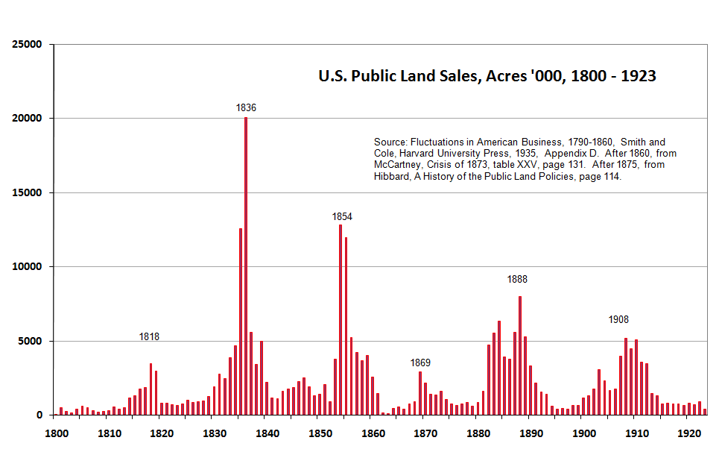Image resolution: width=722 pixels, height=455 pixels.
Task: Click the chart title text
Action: click(x=487, y=75)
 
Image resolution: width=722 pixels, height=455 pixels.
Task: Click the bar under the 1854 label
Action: click(x=341, y=321)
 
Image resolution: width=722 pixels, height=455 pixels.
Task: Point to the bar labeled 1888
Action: click(x=520, y=354)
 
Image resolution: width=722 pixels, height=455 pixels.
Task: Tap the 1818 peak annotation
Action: click(x=149, y=337)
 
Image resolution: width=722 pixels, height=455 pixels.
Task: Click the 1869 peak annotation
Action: click(x=420, y=363)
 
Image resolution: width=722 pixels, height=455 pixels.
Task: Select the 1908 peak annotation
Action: click(x=618, y=320)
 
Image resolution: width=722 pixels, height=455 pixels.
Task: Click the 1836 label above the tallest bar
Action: click(x=246, y=108)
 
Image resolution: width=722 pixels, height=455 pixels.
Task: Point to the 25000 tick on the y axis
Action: click(x=27, y=45)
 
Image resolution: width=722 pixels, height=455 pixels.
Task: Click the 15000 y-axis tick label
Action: click(x=27, y=193)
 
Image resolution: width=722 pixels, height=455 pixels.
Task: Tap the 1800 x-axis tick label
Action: click(x=54, y=433)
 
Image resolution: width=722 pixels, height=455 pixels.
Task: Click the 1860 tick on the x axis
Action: click(x=372, y=433)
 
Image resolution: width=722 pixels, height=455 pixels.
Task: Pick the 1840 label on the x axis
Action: click(x=266, y=433)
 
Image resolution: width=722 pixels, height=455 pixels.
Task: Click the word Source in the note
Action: click(x=391, y=142)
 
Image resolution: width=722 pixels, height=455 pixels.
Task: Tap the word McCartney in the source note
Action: click(x=398, y=166)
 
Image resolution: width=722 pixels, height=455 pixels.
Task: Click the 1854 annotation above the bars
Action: click(x=342, y=217)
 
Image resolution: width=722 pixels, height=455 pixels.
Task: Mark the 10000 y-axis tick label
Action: click(x=27, y=267)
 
